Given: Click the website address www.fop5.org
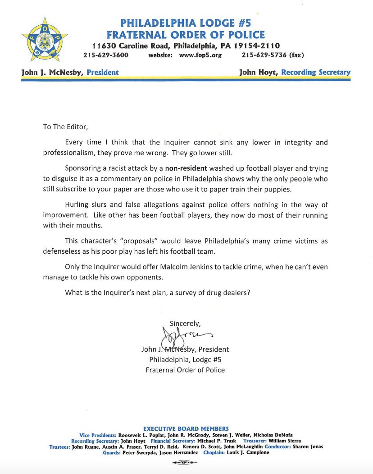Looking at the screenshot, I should click(x=200, y=56).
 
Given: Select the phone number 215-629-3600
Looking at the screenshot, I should click(x=106, y=56).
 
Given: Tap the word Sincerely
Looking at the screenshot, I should click(x=185, y=323).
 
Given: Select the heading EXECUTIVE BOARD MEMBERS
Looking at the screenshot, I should click(x=186, y=429).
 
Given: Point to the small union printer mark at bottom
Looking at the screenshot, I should click(x=186, y=463).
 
